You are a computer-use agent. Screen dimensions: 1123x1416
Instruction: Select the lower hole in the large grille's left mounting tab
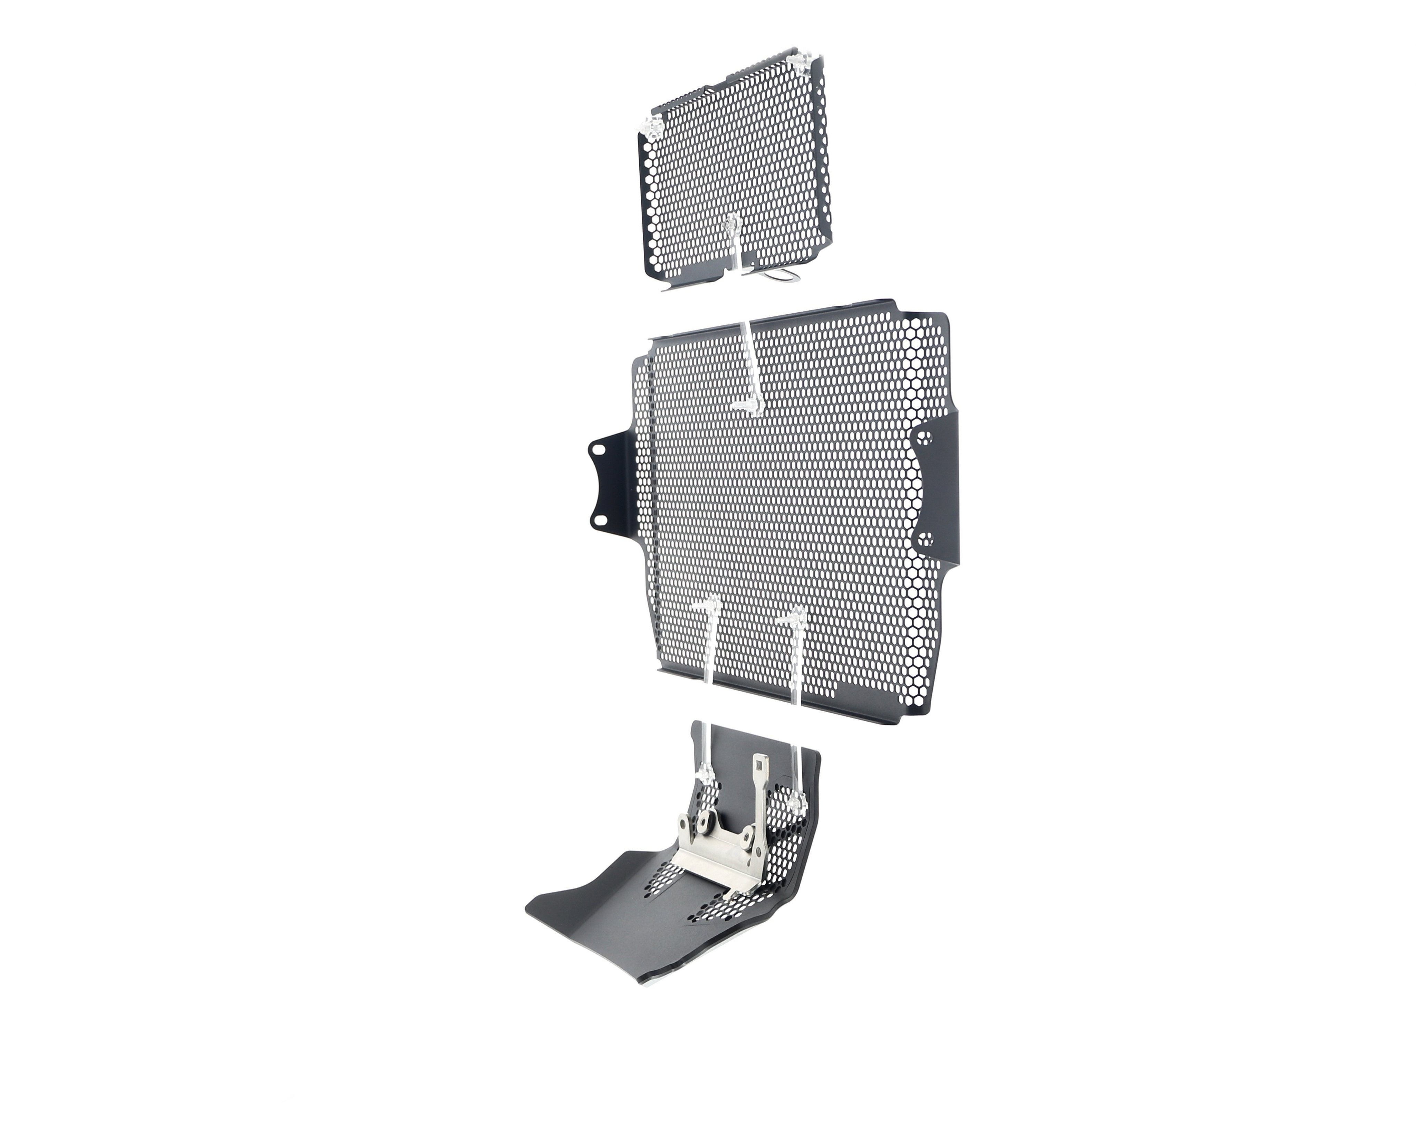[599, 520]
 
